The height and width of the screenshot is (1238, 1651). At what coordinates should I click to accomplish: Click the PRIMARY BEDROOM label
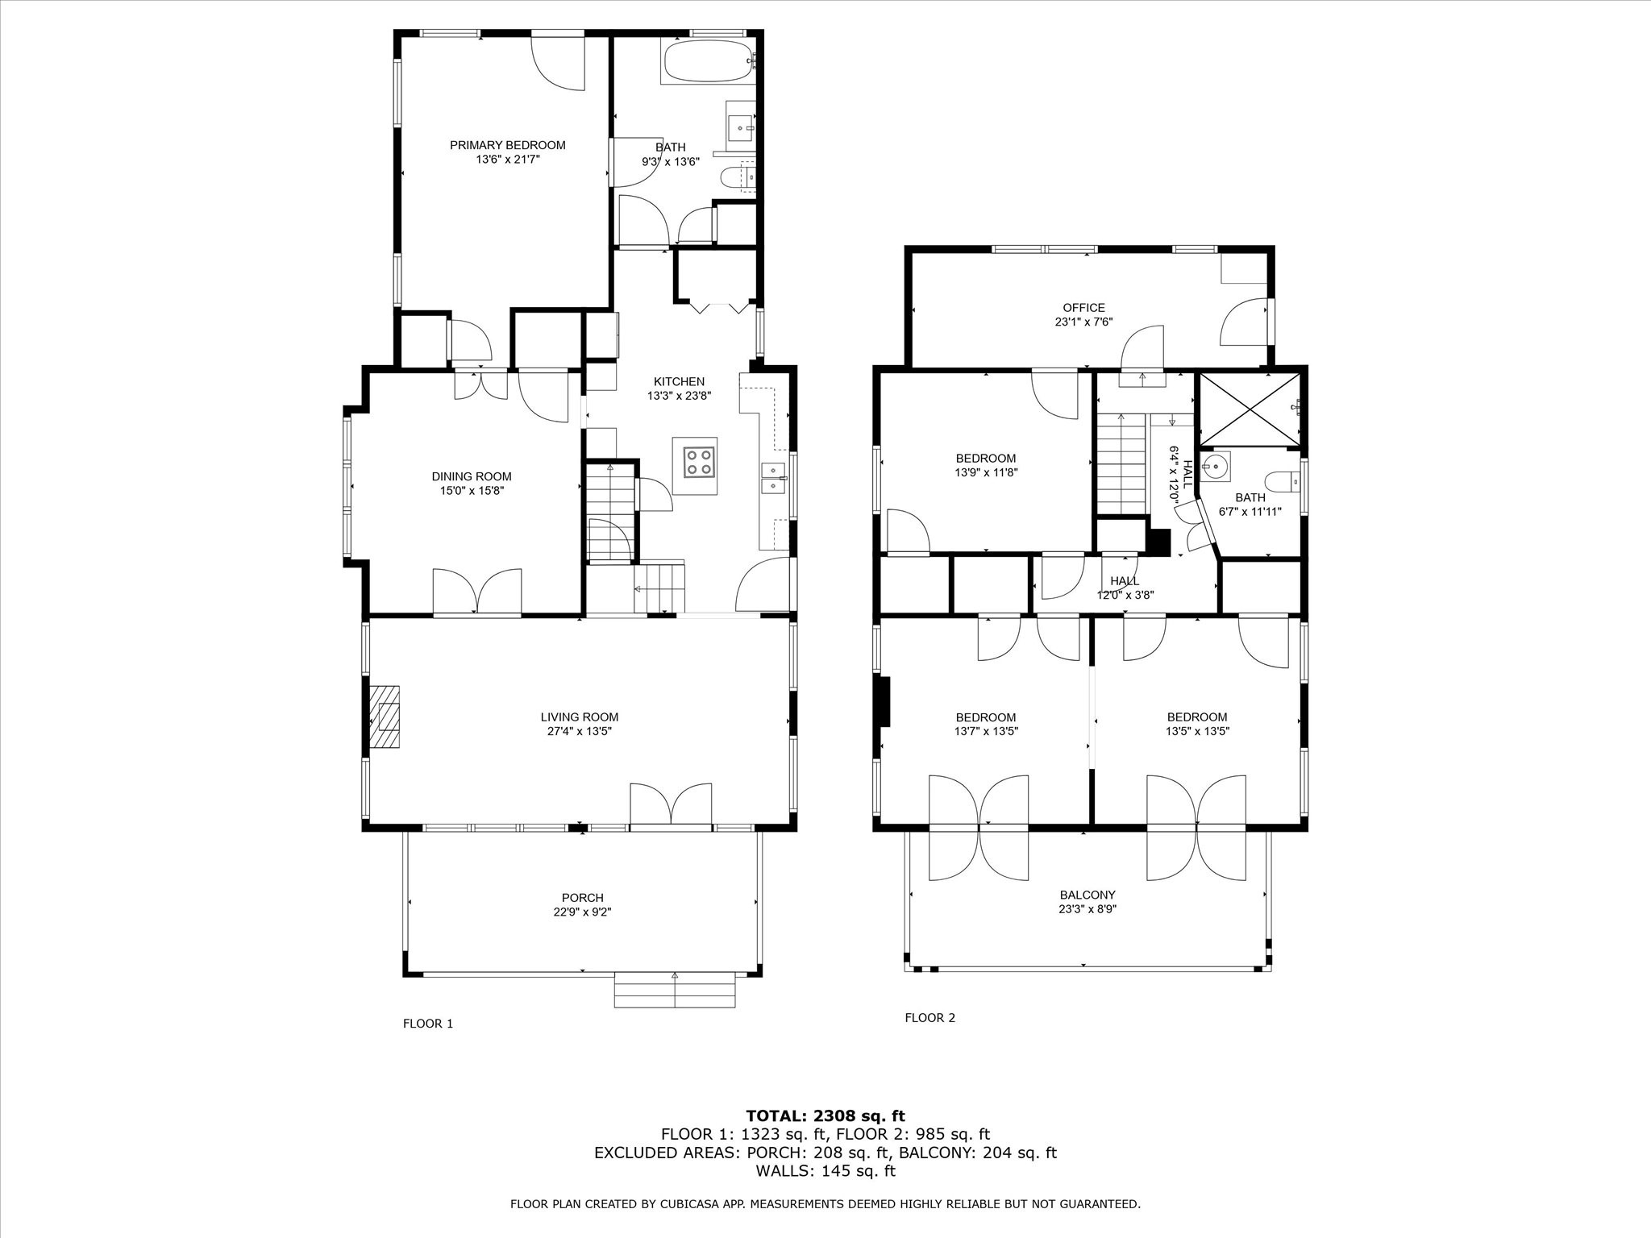508,145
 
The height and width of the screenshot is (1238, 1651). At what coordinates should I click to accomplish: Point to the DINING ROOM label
472,476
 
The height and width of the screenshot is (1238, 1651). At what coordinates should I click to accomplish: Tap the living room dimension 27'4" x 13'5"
580,732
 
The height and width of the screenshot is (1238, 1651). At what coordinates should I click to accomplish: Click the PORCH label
583,898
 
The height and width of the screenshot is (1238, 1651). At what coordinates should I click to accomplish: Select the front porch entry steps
675,991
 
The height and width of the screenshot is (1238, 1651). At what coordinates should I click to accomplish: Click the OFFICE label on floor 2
1084,307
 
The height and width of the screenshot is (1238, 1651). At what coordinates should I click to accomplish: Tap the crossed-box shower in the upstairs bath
1249,409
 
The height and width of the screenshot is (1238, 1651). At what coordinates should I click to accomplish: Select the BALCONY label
1087,895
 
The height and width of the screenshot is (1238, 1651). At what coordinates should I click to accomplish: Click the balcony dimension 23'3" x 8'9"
1087,909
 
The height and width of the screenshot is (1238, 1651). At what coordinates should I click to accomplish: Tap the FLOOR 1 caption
428,1024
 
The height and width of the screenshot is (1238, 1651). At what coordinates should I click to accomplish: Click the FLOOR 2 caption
929,1017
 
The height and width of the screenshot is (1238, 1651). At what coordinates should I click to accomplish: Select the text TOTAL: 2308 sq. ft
825,1115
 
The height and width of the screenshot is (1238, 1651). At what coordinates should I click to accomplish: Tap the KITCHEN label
679,381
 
